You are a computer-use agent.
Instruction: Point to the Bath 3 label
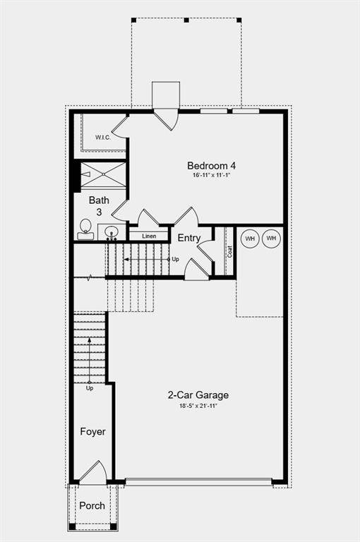(99, 205)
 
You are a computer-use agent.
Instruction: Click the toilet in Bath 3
(85, 229)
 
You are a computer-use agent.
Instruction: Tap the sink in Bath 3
(111, 231)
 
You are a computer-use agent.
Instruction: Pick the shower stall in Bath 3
(103, 174)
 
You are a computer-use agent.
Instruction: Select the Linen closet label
(149, 236)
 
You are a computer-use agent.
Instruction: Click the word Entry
(188, 238)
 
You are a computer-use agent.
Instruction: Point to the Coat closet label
(230, 251)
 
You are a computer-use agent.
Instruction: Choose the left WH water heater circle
(249, 239)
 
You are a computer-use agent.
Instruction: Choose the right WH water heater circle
(271, 239)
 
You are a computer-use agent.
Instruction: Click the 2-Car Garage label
(198, 395)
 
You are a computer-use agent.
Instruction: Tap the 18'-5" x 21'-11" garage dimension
(198, 406)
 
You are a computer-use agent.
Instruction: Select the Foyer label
(92, 431)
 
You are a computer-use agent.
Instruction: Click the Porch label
(92, 505)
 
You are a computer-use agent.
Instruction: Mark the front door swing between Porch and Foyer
(93, 473)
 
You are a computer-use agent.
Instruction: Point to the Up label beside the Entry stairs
(175, 260)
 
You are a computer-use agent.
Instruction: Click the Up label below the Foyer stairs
(90, 388)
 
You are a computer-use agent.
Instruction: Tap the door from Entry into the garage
(196, 270)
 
